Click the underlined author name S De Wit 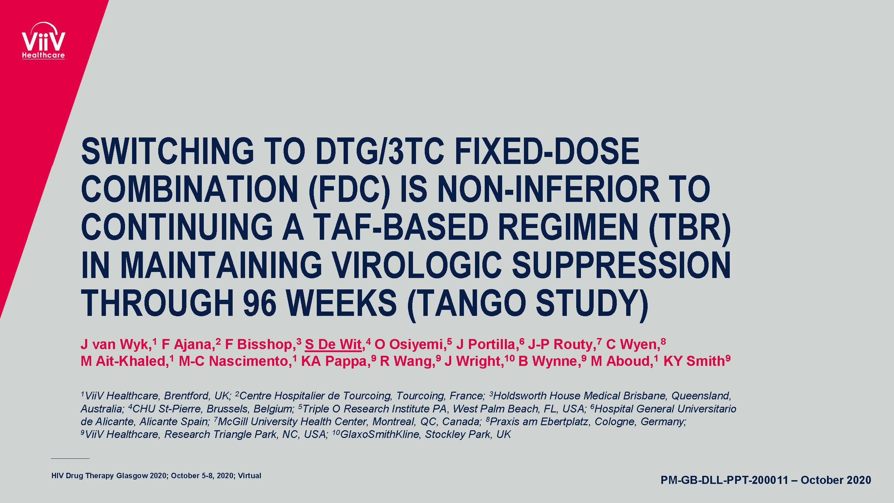click(333, 344)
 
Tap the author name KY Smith click(694, 361)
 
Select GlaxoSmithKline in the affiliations click(380, 434)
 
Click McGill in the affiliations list click(233, 422)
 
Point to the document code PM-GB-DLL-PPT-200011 click(724, 480)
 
